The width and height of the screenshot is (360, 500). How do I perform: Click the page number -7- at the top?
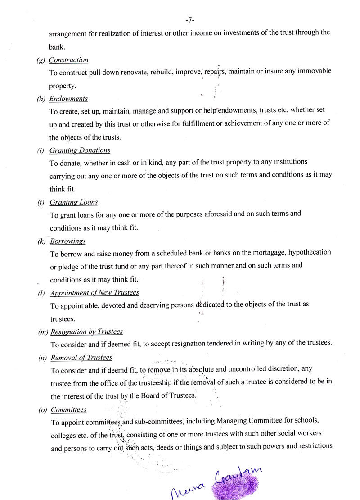click(x=189, y=20)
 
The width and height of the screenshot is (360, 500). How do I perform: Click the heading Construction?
click(x=68, y=60)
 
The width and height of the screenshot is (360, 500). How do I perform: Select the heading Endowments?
click(x=68, y=99)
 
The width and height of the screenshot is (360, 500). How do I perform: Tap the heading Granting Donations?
click(x=80, y=150)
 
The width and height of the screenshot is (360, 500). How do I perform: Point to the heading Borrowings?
click(x=68, y=241)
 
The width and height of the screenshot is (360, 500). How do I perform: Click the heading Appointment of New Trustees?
click(x=94, y=293)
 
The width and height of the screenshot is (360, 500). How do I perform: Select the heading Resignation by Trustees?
click(x=86, y=332)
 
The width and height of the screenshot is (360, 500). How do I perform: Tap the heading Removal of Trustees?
click(x=81, y=358)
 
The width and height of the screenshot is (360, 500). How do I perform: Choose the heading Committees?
click(x=68, y=409)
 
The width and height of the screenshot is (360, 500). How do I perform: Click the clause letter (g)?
click(x=41, y=60)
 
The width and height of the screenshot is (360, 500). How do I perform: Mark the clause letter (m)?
click(x=43, y=332)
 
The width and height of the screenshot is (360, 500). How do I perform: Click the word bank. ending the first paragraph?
click(x=56, y=46)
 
